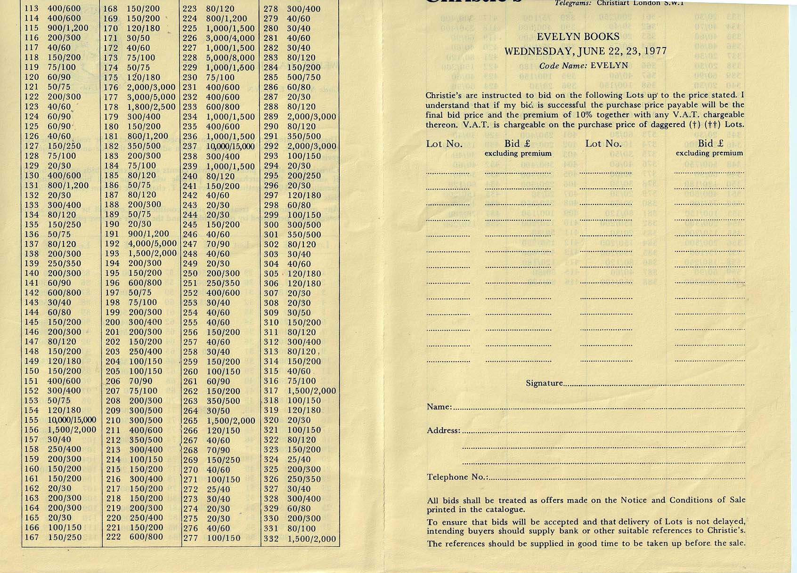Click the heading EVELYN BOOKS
click(x=578, y=37)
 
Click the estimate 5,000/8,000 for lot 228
click(x=230, y=58)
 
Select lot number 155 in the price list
click(x=32, y=420)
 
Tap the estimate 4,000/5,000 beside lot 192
click(x=152, y=243)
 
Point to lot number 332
click(x=271, y=539)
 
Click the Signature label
click(x=544, y=383)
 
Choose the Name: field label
click(x=439, y=407)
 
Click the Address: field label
click(x=443, y=430)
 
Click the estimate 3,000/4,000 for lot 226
click(x=230, y=38)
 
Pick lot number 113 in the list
click(x=32, y=8)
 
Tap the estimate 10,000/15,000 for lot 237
click(x=230, y=146)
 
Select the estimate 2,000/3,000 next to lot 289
click(x=311, y=117)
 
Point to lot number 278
click(x=271, y=9)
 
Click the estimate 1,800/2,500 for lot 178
click(x=151, y=107)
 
